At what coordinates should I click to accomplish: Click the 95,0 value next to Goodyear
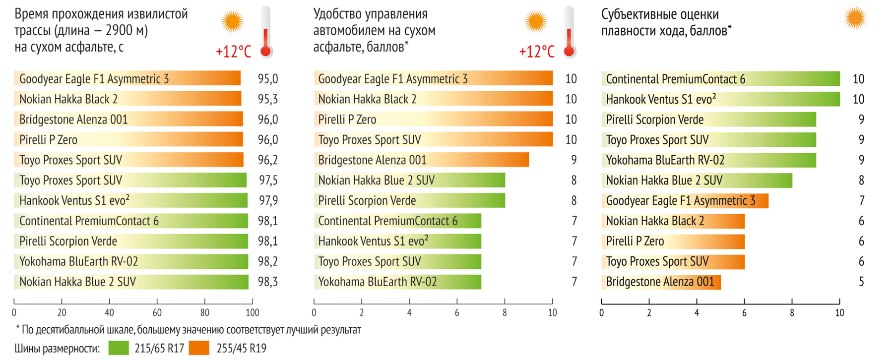[x=268, y=79]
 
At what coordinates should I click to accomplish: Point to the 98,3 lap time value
[x=268, y=282]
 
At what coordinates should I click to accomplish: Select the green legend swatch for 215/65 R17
[x=119, y=348]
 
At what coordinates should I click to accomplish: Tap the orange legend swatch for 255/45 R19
[x=199, y=348]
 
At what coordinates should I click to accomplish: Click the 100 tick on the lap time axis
[x=253, y=313]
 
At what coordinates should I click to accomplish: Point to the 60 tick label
[x=157, y=313]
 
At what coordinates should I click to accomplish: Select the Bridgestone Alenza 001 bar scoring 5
[x=661, y=282]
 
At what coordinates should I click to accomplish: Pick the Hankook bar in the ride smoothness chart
[x=720, y=99]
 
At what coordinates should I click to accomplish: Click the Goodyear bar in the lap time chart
[x=128, y=79]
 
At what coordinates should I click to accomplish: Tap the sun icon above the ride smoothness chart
[x=855, y=18]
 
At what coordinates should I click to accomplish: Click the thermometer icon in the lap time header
[x=266, y=32]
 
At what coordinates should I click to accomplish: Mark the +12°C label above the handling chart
[x=536, y=52]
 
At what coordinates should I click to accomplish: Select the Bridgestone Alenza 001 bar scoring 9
[x=421, y=160]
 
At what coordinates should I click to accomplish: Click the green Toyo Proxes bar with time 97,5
[x=130, y=180]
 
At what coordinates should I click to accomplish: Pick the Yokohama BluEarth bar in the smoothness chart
[x=708, y=160]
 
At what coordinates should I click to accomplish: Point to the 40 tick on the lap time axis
[x=109, y=313]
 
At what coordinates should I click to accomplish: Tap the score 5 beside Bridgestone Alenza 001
[x=861, y=282]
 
